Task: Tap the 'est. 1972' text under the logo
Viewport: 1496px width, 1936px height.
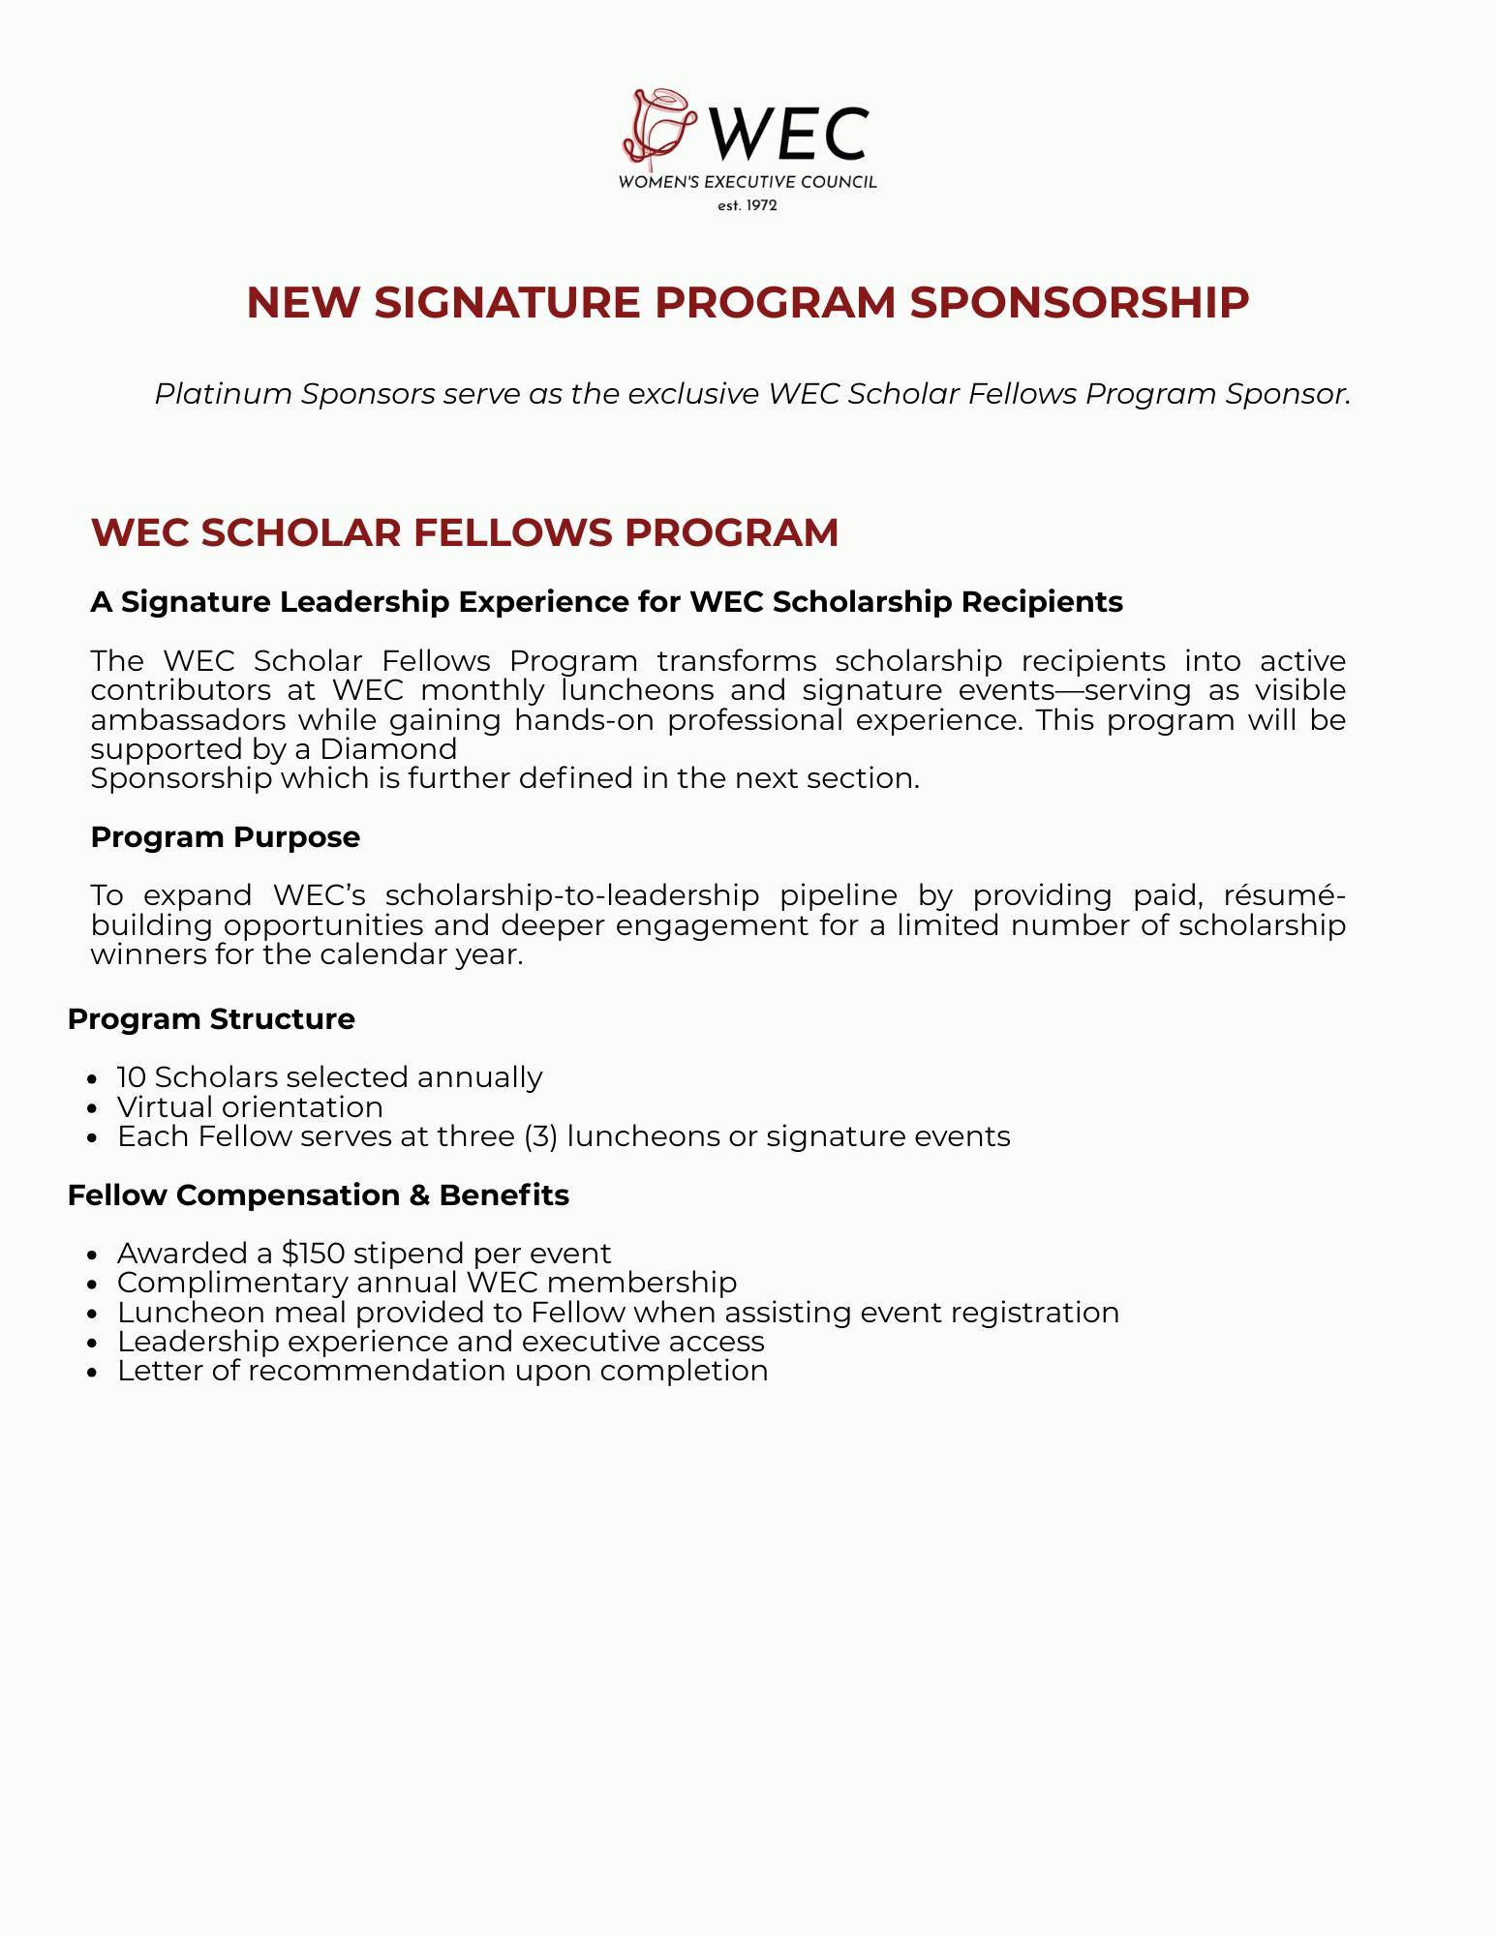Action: [748, 205]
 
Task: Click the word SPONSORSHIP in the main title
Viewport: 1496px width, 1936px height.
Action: [1080, 303]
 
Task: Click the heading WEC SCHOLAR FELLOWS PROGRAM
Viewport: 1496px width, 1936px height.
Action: [465, 534]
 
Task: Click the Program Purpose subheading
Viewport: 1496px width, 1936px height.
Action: [225, 837]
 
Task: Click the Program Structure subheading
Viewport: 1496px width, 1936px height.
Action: [211, 1019]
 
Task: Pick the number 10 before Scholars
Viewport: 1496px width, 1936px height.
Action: [132, 1077]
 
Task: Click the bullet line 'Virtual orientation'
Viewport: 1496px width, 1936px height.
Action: [250, 1107]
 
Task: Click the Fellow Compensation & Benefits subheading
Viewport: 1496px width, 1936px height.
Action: [319, 1195]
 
